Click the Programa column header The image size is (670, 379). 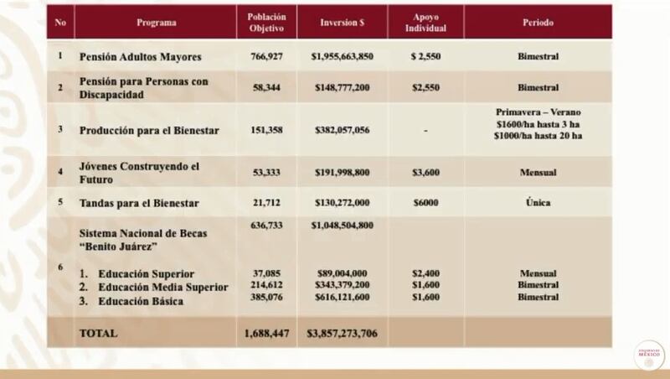(x=156, y=23)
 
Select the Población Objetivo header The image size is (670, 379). (x=266, y=23)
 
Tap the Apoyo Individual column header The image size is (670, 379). (x=425, y=23)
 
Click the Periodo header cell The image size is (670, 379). (x=538, y=23)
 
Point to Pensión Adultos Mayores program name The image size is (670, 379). (x=140, y=56)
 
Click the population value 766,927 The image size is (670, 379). (x=266, y=56)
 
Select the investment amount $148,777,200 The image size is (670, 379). (x=343, y=87)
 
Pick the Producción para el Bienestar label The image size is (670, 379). (x=149, y=130)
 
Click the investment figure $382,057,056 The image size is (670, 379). (x=343, y=130)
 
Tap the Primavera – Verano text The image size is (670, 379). (x=538, y=112)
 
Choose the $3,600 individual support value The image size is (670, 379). (x=425, y=173)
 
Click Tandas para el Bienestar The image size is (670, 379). (x=139, y=203)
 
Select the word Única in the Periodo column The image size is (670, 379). (x=538, y=202)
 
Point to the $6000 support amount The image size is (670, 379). (x=425, y=202)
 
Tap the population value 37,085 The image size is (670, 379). (x=266, y=273)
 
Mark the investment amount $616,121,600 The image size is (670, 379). (x=343, y=297)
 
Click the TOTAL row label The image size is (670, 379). (x=98, y=333)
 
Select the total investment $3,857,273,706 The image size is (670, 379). (x=343, y=333)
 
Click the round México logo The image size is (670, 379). (x=649, y=355)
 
